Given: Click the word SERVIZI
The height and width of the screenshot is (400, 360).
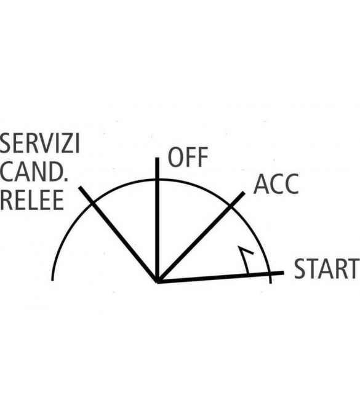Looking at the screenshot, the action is [x=39, y=143].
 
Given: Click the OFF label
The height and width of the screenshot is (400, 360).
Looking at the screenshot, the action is [x=188, y=157].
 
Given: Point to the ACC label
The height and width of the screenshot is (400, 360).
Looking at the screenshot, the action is [x=276, y=184].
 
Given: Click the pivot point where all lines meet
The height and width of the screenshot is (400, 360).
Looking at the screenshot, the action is [x=158, y=281].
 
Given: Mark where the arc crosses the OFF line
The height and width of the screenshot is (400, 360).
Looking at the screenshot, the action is [x=158, y=180].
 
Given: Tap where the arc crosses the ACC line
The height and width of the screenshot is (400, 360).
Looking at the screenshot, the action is [x=231, y=206].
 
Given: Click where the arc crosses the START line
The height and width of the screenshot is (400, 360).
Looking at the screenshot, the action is [x=270, y=273].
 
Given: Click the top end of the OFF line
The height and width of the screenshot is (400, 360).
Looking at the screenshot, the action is [x=158, y=158].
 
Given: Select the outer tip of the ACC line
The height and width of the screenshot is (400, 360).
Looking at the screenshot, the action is [x=244, y=193].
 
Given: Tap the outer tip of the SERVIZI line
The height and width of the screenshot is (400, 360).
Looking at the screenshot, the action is [x=80, y=187].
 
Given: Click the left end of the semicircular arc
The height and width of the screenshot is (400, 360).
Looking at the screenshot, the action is [x=52, y=280].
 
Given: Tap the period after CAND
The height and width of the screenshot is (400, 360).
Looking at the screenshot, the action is [x=66, y=179].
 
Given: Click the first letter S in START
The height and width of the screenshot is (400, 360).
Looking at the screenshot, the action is [x=300, y=268].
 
